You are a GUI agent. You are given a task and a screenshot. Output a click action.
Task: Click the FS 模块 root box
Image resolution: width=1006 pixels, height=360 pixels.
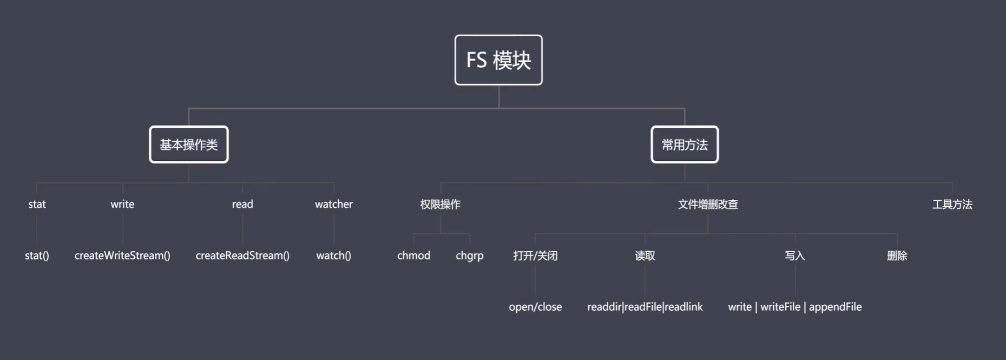click(498, 60)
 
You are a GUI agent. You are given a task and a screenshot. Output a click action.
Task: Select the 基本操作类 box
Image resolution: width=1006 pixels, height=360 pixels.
click(189, 145)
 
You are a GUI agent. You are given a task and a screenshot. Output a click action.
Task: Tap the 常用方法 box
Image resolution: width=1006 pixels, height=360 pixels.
click(685, 145)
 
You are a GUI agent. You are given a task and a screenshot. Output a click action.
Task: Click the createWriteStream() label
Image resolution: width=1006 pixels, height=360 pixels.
click(122, 256)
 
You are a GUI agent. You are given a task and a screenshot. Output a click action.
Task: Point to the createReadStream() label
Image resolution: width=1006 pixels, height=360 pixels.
click(242, 256)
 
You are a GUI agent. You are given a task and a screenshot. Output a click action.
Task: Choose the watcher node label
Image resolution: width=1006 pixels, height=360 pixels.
click(334, 204)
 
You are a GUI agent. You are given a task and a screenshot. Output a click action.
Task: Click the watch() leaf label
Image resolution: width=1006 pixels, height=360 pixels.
click(334, 256)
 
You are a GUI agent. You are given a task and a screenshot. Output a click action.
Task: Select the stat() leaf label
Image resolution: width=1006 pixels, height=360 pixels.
click(37, 256)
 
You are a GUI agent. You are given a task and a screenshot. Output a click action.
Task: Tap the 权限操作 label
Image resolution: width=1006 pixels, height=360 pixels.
click(440, 204)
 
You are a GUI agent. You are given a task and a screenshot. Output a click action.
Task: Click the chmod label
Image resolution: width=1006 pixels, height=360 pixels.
click(414, 256)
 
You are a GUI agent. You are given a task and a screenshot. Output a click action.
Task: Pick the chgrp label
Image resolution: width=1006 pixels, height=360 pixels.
click(470, 256)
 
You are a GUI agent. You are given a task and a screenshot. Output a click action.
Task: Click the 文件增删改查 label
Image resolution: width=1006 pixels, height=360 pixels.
click(708, 204)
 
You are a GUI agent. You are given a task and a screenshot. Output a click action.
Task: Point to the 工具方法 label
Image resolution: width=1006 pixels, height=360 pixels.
click(952, 204)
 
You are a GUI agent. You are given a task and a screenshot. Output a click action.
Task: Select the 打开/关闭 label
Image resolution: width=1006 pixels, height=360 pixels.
click(535, 256)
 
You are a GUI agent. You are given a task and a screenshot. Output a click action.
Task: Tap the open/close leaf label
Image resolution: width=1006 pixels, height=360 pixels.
click(535, 307)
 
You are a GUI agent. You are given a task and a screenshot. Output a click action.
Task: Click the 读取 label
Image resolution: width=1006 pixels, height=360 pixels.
click(645, 256)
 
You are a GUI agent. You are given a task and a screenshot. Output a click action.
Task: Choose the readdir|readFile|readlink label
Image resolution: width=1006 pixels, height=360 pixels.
click(645, 307)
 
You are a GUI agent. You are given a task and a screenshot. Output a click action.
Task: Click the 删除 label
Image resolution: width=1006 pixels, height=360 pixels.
click(897, 256)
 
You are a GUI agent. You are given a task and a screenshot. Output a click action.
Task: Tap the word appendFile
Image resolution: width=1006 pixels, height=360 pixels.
click(836, 307)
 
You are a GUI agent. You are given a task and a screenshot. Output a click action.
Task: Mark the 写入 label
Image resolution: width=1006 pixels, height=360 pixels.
click(795, 256)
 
